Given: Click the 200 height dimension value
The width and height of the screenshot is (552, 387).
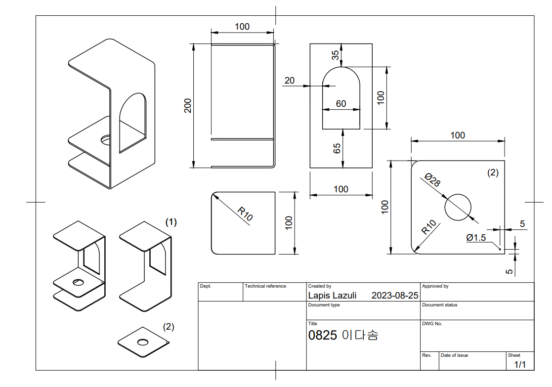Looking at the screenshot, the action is click(x=188, y=106).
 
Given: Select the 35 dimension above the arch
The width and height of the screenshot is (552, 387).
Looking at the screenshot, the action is click(x=335, y=55).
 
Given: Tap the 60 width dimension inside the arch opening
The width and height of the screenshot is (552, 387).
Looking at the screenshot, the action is click(x=341, y=103).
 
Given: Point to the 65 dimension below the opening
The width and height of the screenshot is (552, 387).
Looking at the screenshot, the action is click(x=337, y=148).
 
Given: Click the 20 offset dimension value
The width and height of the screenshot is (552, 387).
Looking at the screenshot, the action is click(x=290, y=81).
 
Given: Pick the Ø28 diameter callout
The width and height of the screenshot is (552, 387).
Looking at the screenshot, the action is click(x=433, y=179).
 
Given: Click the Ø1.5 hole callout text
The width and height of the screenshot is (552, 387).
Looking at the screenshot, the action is click(x=476, y=238).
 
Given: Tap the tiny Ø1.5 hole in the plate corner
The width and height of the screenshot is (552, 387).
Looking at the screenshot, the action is click(x=500, y=249).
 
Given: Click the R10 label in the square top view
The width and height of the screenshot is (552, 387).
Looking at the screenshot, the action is click(x=245, y=214).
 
